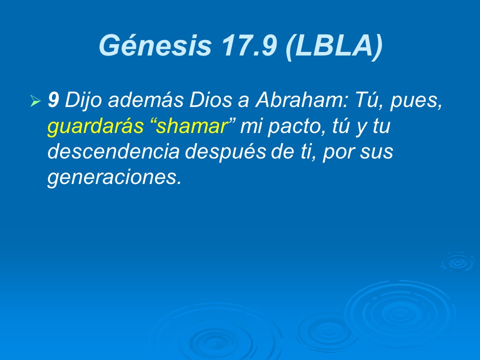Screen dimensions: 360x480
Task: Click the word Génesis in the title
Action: click(x=155, y=45)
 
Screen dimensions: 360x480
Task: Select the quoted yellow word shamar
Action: click(x=193, y=127)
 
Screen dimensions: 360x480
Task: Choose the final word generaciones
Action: click(x=113, y=178)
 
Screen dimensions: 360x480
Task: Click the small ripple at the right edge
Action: click(x=457, y=262)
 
